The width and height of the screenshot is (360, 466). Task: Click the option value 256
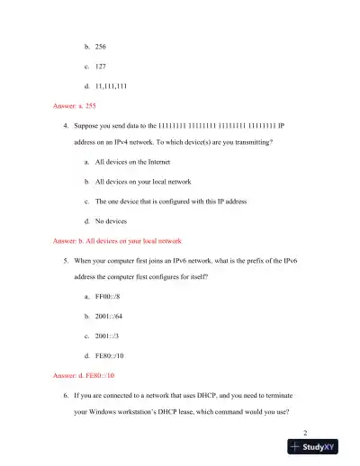point(100,44)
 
